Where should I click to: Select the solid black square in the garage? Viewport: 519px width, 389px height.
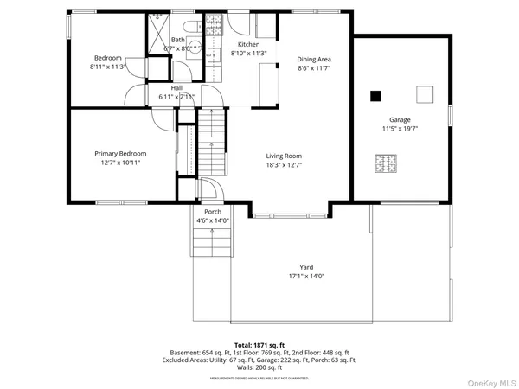click(x=376, y=95)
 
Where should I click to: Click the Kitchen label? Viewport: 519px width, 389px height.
click(x=249, y=44)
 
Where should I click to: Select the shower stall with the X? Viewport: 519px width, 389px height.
click(x=157, y=32)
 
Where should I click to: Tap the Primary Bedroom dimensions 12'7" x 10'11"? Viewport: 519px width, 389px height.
click(x=120, y=162)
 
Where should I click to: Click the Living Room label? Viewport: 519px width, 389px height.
click(x=285, y=155)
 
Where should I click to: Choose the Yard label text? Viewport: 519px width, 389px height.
click(x=306, y=267)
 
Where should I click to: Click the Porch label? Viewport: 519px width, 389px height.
click(x=213, y=212)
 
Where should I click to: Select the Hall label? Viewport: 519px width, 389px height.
click(x=176, y=88)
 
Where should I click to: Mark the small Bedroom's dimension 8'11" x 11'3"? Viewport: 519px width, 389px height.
click(x=109, y=67)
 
